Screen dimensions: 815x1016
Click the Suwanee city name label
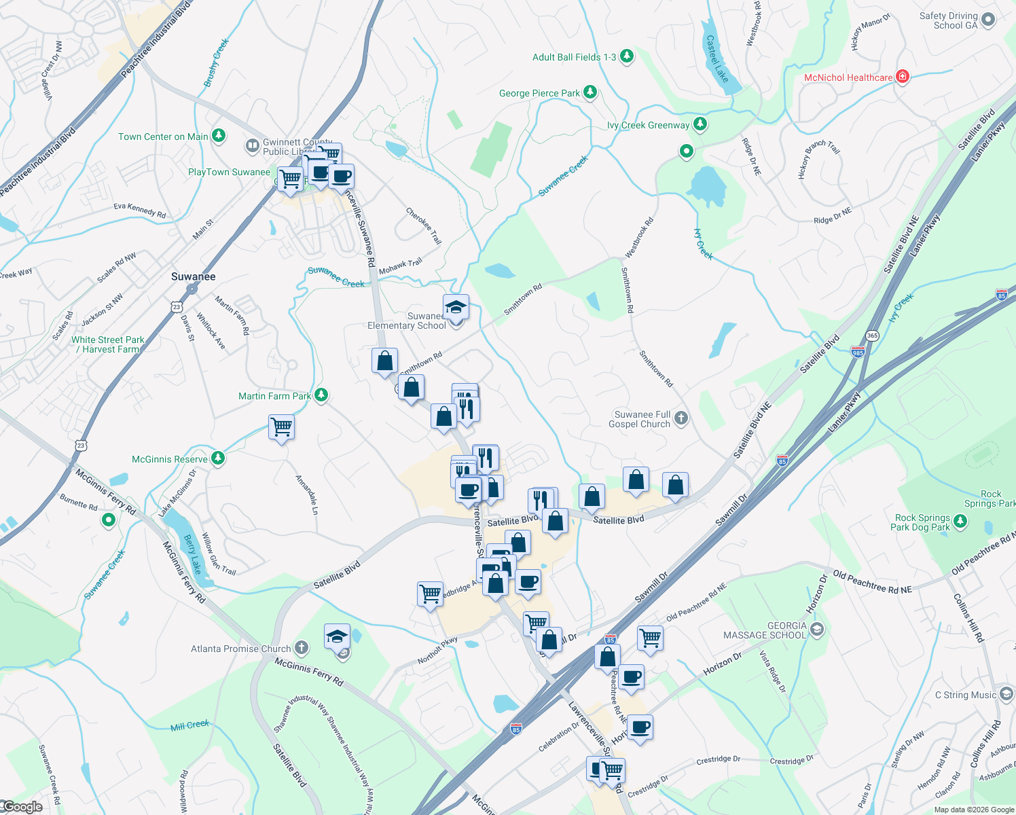click(193, 276)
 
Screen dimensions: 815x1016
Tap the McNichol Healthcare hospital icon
click(903, 77)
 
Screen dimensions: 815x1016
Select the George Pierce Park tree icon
click(590, 92)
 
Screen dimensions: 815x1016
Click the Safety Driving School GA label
click(948, 20)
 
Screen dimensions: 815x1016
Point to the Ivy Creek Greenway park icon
click(700, 124)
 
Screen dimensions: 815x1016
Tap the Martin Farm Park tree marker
click(322, 395)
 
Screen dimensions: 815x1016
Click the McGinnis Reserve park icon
click(217, 458)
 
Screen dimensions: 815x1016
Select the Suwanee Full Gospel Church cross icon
click(681, 418)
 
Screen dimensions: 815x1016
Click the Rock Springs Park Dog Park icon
click(960, 522)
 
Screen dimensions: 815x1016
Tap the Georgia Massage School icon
click(817, 630)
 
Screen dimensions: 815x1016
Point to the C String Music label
click(965, 695)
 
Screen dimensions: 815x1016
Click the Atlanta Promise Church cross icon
click(302, 648)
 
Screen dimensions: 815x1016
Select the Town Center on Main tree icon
click(218, 136)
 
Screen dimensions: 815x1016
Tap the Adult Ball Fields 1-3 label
click(574, 57)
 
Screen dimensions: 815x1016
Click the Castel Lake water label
click(716, 59)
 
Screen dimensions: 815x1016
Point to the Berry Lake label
click(193, 554)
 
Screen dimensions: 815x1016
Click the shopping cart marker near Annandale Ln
click(281, 428)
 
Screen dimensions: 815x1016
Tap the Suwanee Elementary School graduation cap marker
click(456, 307)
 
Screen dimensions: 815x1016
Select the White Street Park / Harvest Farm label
click(108, 344)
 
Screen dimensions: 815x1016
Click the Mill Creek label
click(189, 725)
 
